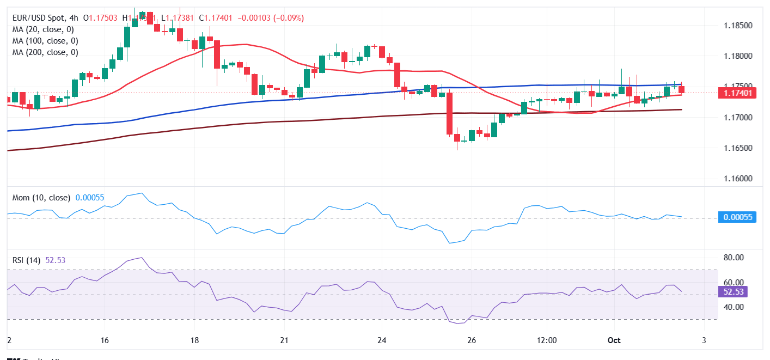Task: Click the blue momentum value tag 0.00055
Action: tap(738, 217)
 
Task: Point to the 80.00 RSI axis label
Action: tap(735, 258)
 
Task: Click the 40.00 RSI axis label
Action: tap(735, 307)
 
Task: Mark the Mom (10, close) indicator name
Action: tap(42, 197)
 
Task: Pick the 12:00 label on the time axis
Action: tap(546, 340)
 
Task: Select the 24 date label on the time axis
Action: tap(382, 340)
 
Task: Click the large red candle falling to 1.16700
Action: tap(450, 114)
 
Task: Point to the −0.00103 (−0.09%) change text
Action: tap(269, 18)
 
